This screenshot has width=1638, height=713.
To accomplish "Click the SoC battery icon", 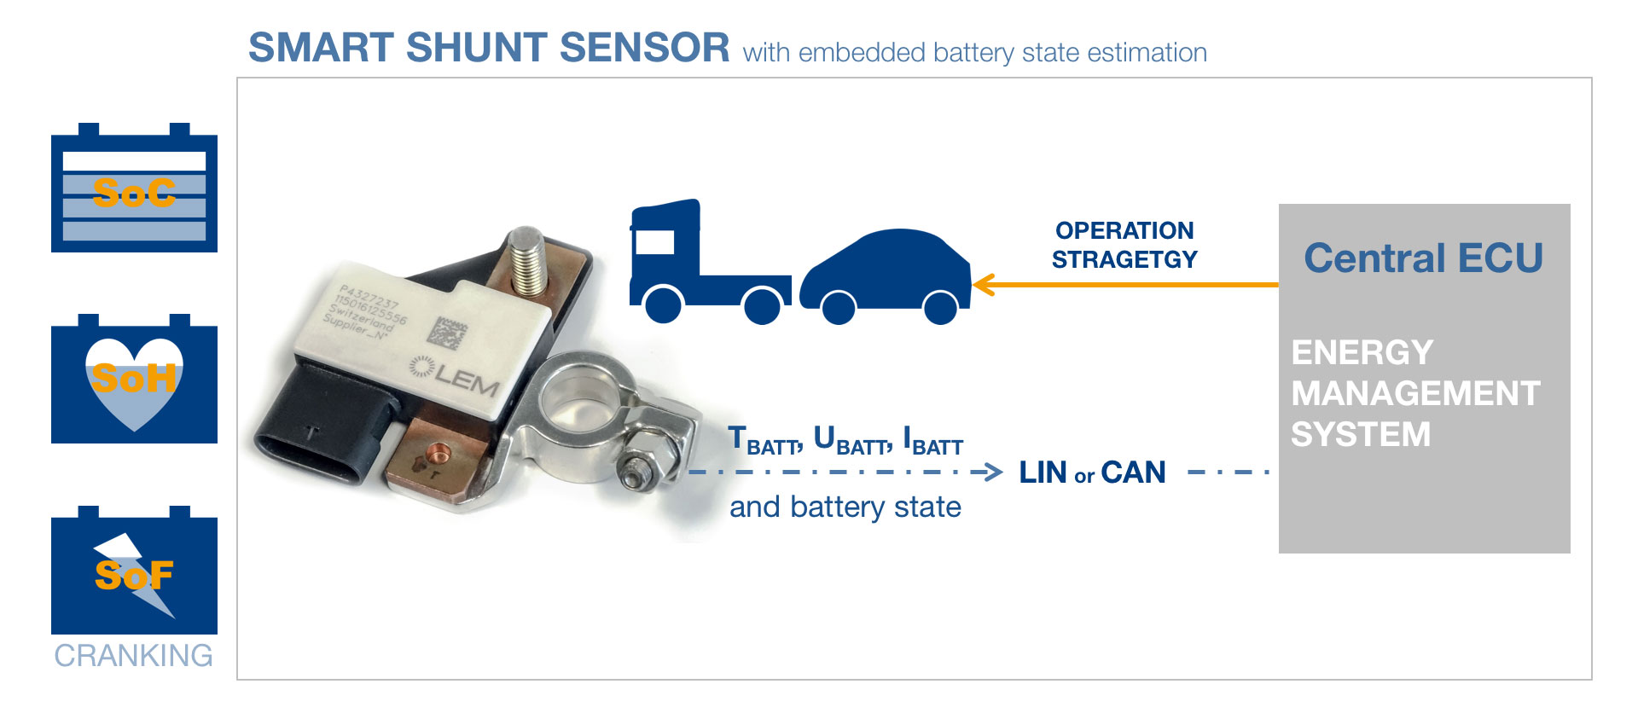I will tap(134, 189).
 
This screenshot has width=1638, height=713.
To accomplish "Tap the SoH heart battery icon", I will tap(134, 380).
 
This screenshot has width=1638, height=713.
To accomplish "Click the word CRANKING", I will tap(134, 655).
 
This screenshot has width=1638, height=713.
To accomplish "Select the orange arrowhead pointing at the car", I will tap(983, 285).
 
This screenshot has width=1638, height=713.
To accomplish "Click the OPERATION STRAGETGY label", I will tap(1124, 245).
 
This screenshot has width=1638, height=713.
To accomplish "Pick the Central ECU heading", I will tap(1423, 258).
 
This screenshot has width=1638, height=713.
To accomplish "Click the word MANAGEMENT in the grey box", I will tap(1415, 393).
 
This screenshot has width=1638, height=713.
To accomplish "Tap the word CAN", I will tap(1133, 472).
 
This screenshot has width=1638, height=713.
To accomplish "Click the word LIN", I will tap(1043, 472).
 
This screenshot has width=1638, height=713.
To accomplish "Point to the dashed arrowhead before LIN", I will tap(992, 472).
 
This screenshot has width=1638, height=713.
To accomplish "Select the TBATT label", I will tap(764, 441).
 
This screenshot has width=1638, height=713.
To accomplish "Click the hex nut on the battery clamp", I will tap(636, 470).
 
